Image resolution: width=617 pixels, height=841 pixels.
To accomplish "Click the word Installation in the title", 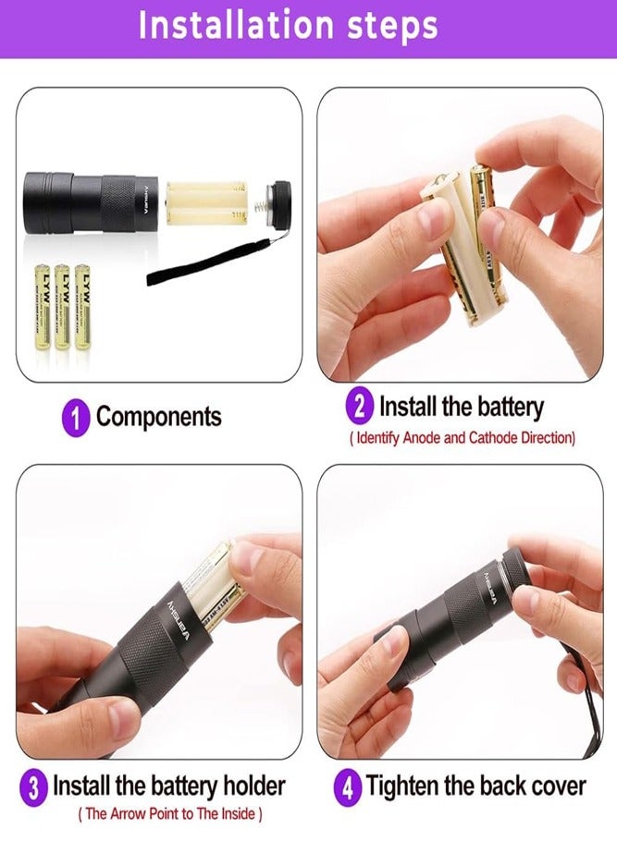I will [x=235, y=26].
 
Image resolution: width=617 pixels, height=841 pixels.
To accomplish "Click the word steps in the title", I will [x=389, y=28].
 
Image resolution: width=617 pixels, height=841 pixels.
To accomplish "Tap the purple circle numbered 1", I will [x=77, y=417].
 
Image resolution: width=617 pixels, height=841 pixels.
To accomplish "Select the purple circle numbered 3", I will [x=34, y=787].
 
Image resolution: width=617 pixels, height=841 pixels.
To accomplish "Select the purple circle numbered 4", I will [x=349, y=787].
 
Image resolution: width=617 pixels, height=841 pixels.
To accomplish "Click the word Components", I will [x=159, y=417].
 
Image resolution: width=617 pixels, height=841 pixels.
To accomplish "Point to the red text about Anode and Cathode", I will [x=463, y=437].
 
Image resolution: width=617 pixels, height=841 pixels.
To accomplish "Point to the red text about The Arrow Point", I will [x=171, y=814].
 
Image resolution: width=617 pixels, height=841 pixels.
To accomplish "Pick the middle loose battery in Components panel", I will [x=63, y=306].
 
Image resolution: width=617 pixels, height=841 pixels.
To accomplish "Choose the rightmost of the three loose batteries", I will [x=82, y=306].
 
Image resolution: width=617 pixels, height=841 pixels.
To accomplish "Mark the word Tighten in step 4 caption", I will [x=407, y=787].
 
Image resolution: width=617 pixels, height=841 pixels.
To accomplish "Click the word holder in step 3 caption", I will [x=245, y=787].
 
